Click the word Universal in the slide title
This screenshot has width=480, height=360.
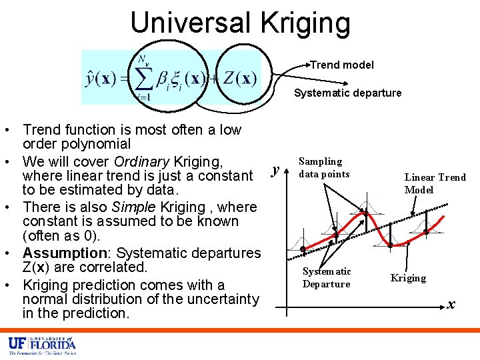[189, 22]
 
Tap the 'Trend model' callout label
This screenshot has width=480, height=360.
[343, 65]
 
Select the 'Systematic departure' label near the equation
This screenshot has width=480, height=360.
[348, 93]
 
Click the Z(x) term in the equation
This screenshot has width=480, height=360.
[239, 79]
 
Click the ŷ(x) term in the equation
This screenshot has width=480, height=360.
[102, 79]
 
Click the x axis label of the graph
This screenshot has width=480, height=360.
[451, 304]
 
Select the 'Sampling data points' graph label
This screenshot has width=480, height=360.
[324, 167]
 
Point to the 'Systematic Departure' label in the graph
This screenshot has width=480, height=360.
[327, 277]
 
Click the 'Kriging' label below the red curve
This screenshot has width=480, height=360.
[408, 278]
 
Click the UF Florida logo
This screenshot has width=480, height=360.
[41, 345]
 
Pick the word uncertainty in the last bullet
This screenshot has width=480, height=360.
[219, 299]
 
